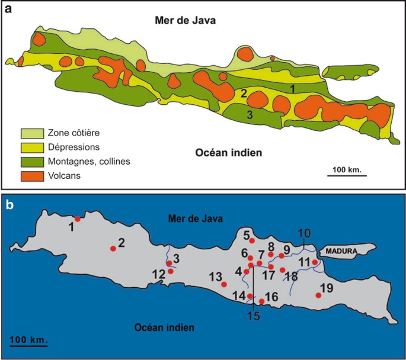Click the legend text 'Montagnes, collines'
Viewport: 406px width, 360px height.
(89, 161)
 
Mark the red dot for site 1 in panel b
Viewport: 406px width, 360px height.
(78, 219)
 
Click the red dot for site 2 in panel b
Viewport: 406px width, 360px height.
(113, 249)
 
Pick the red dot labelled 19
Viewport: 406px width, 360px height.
(319, 295)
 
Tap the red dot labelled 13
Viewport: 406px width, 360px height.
(224, 284)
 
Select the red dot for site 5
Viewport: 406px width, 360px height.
(252, 241)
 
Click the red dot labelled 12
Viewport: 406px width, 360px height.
(171, 271)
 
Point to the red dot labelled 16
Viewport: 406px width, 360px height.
(261, 301)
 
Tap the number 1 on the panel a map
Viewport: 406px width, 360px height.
(292, 88)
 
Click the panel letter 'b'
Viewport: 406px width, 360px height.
(10, 206)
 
